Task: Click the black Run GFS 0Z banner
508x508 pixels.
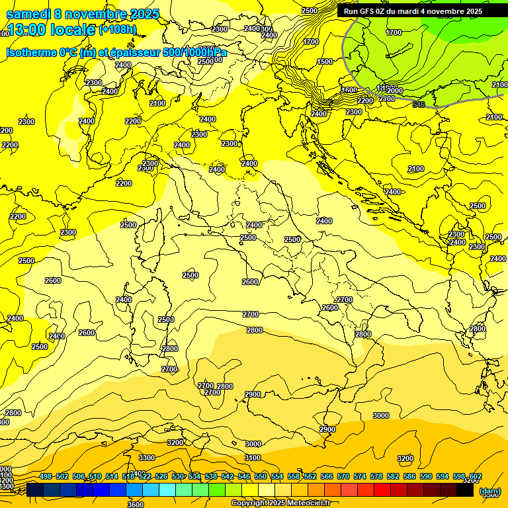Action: pos(413,11)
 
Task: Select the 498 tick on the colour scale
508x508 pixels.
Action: pos(46,477)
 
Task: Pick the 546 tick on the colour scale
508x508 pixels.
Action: pos(244,477)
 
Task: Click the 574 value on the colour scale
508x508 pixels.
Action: pos(360,477)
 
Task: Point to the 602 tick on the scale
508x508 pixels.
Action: pos(475,477)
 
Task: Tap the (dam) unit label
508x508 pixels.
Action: pos(490,491)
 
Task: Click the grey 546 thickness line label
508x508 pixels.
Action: pos(418,105)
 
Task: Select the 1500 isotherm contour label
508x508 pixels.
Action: pos(325,62)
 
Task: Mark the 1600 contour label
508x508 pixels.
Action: pos(349,91)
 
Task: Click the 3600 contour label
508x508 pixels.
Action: pos(135,504)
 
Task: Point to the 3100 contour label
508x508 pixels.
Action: pos(253,458)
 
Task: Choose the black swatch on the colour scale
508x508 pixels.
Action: pos(465,490)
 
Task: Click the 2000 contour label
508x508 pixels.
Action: pos(395,91)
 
